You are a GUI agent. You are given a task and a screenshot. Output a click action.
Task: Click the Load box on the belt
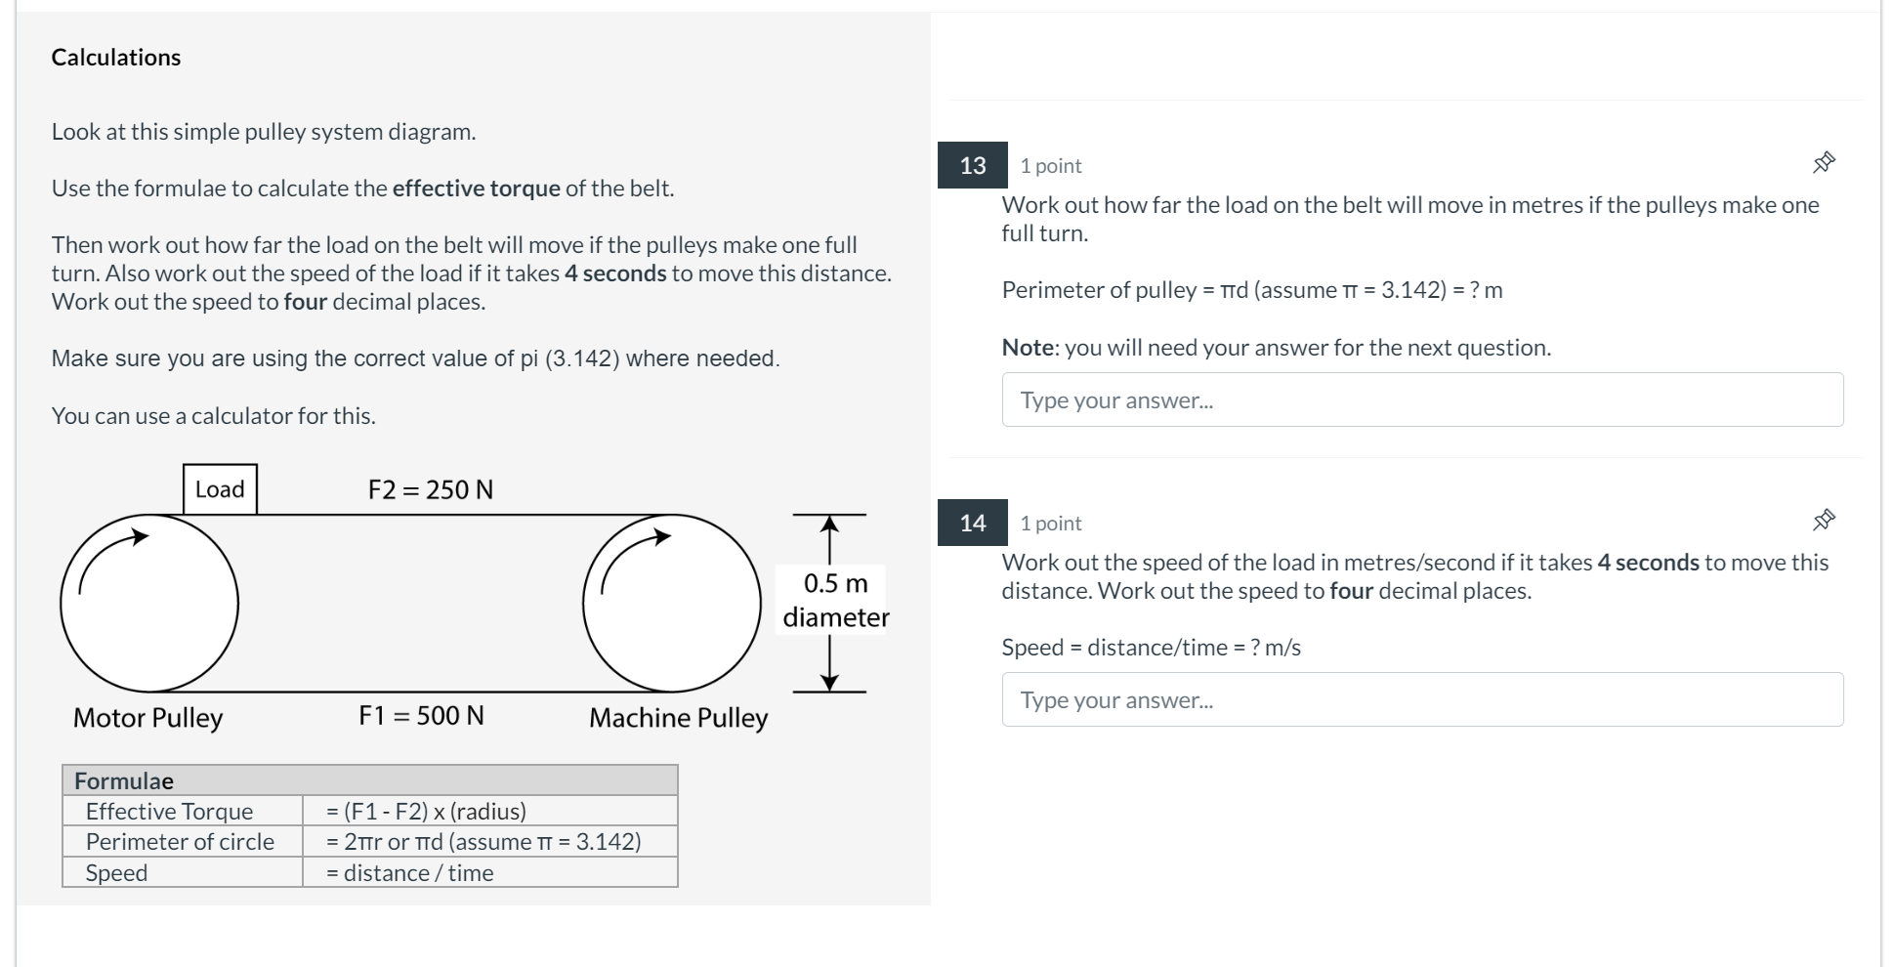[x=220, y=489]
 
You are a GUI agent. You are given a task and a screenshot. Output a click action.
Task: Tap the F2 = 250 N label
[x=430, y=489]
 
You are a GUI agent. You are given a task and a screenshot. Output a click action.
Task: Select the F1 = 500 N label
[x=421, y=716]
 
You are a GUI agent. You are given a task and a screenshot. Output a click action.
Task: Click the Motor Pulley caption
[x=147, y=718]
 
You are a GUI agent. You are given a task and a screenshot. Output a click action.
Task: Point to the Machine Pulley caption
[x=678, y=718]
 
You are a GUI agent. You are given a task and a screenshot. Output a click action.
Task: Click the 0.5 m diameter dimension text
[x=835, y=600]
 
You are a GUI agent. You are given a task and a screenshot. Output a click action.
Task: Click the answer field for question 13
[x=1421, y=399]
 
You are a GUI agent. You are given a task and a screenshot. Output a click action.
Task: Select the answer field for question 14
[x=1421, y=699]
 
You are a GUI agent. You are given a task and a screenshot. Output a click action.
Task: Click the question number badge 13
[x=972, y=165]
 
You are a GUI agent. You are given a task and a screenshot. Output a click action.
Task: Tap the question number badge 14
[x=972, y=523]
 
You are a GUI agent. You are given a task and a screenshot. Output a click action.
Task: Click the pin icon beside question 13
[x=1823, y=163]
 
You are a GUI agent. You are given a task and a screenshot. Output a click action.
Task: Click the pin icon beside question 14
[x=1823, y=521]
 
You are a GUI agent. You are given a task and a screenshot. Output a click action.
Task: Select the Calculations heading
[x=116, y=58]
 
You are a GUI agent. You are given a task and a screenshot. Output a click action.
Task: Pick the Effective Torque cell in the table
[x=169, y=811]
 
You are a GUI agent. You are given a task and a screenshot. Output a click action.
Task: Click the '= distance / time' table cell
[x=409, y=872]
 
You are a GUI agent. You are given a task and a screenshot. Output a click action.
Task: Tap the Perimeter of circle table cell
[x=180, y=841]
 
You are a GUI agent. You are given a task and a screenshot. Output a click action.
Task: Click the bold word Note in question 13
[x=1028, y=348]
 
